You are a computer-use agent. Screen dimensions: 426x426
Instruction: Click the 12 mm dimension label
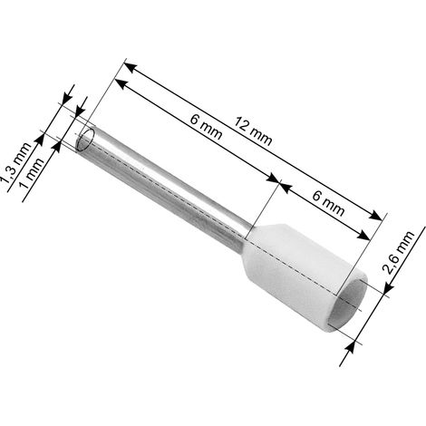[253, 131]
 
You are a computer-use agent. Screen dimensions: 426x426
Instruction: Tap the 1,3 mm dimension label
[16, 163]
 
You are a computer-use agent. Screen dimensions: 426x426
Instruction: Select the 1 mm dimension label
[32, 173]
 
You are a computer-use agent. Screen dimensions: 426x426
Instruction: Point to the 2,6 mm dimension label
[398, 253]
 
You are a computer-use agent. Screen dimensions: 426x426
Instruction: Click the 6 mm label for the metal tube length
[206, 127]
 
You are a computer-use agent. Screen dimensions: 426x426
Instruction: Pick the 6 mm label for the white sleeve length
[328, 204]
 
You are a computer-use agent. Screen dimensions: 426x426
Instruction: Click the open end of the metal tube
[85, 140]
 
